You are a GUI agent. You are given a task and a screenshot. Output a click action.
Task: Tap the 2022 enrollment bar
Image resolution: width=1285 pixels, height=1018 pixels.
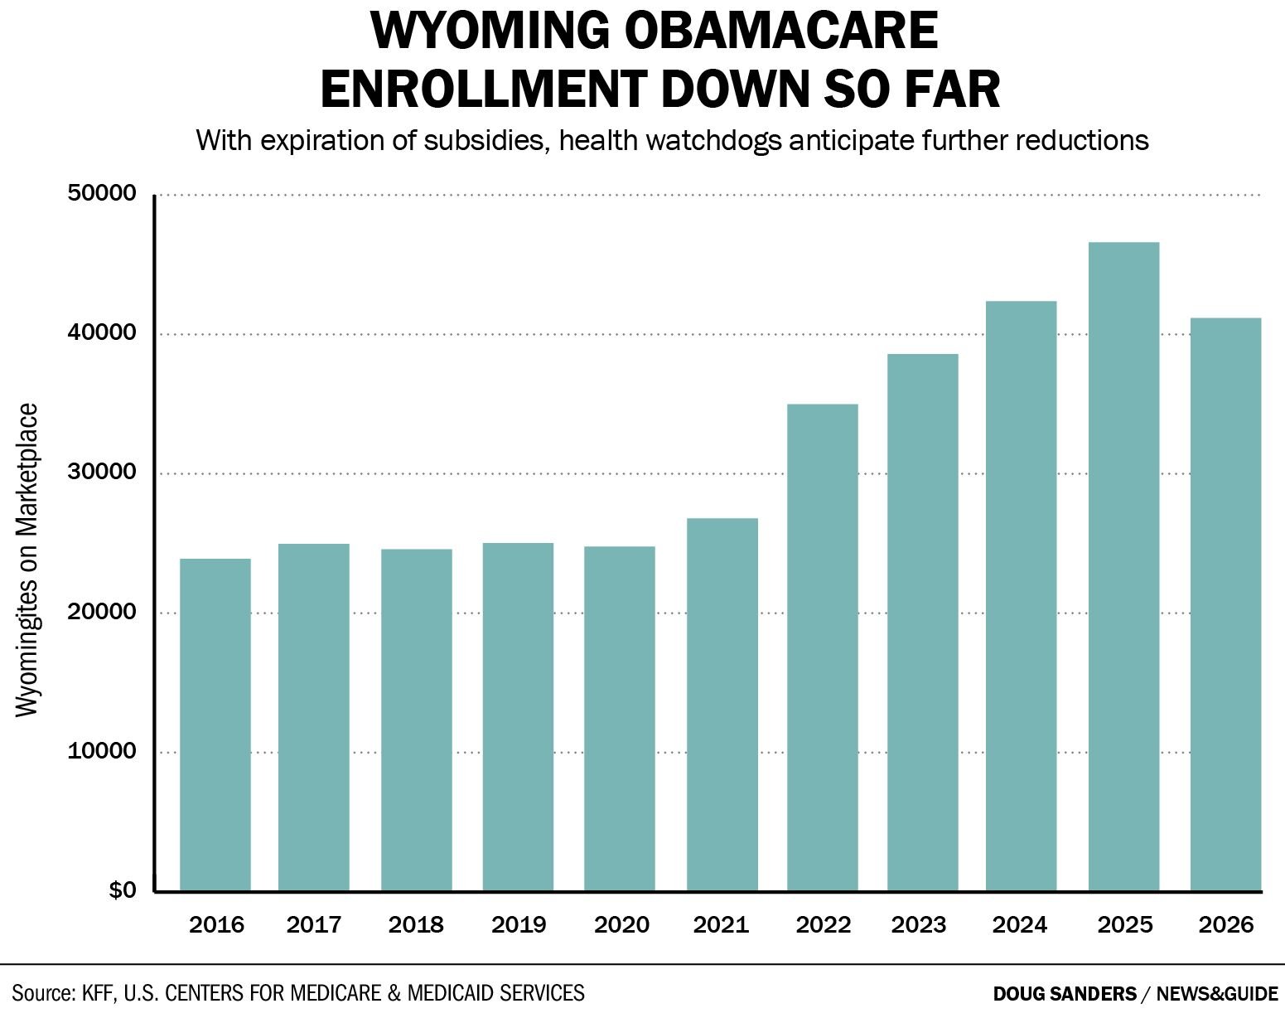(823, 647)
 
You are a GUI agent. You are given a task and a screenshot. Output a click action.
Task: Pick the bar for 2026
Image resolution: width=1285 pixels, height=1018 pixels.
(1225, 604)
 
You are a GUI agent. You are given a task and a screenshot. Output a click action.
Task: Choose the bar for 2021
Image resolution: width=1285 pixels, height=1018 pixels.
(722, 705)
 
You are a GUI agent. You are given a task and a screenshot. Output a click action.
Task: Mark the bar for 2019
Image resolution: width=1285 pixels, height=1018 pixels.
(518, 717)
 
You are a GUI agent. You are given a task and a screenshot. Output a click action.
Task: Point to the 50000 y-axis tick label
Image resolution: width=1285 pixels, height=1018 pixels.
(100, 194)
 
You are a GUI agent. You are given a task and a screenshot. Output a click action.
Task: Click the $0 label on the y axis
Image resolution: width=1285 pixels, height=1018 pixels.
(122, 890)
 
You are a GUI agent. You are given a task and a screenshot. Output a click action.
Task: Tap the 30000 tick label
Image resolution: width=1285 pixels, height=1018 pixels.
(100, 473)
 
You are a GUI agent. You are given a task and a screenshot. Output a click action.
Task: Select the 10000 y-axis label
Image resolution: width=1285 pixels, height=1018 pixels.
(100, 751)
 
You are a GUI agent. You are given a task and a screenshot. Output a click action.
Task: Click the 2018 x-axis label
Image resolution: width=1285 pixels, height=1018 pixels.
(416, 924)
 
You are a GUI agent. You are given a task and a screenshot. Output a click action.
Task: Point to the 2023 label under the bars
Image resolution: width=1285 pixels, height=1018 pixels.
(919, 924)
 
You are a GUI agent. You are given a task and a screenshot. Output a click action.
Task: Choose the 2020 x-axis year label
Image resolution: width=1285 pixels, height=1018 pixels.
(621, 924)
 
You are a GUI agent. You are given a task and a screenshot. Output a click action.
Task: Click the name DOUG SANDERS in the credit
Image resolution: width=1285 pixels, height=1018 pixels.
(1065, 993)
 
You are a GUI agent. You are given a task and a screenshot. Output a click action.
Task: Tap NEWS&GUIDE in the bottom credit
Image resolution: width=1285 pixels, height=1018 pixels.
(1217, 993)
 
